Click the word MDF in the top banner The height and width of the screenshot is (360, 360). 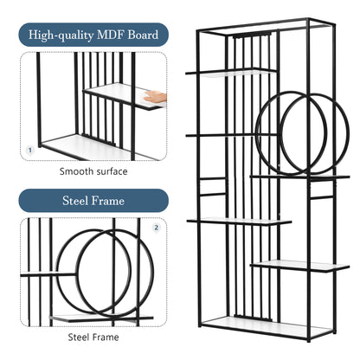point(111,35)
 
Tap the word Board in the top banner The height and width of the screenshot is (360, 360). point(143,35)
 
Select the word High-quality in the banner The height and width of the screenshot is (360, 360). point(61,35)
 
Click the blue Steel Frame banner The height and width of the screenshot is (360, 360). point(93,201)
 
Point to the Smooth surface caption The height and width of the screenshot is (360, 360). point(93,171)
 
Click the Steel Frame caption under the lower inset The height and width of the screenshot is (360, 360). point(93,337)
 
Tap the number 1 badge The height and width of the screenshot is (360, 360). point(30,151)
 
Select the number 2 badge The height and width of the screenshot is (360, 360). point(157,228)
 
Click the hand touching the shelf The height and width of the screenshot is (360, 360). point(155,96)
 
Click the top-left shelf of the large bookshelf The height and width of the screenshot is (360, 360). point(231,72)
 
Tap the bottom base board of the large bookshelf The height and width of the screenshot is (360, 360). point(267,326)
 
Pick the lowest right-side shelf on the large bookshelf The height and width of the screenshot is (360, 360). point(300,266)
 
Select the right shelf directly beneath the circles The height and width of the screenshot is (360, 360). point(300,177)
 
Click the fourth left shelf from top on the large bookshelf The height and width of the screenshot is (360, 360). point(239,222)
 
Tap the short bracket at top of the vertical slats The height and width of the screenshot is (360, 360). point(252,35)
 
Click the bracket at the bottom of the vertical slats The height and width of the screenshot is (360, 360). point(254,317)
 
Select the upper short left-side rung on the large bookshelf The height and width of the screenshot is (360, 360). point(213,179)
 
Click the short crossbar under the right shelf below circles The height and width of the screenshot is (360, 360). point(322,198)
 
